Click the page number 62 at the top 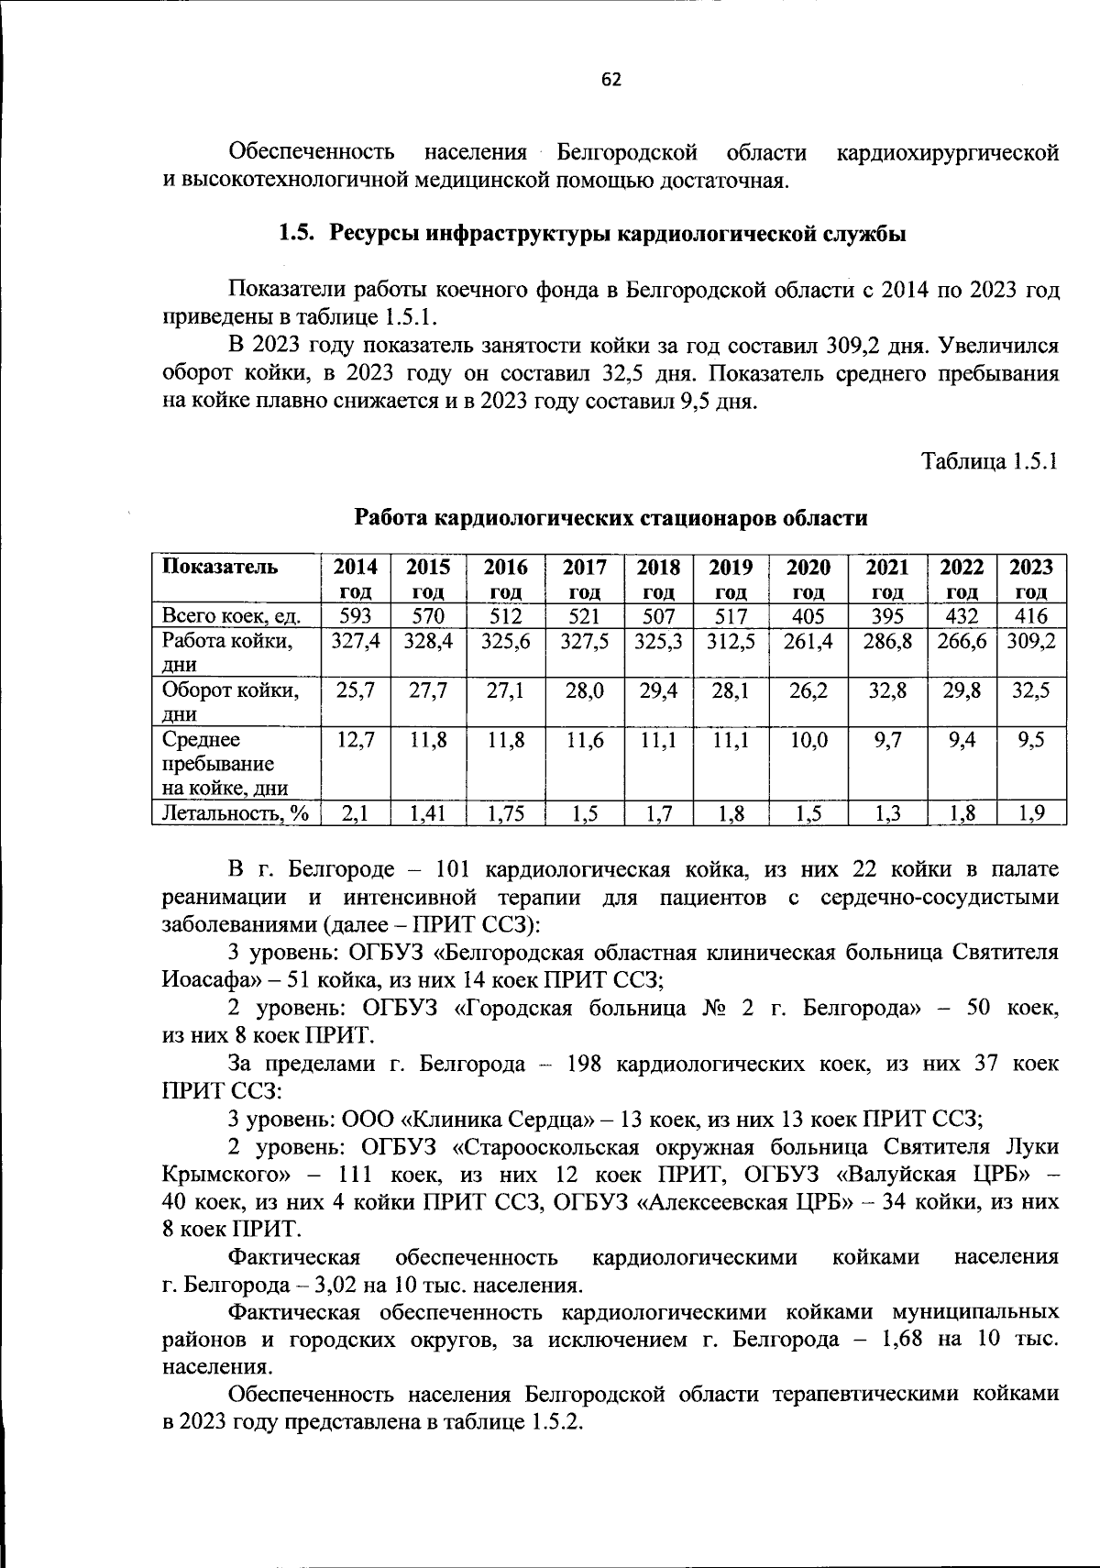611,80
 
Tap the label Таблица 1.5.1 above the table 990,460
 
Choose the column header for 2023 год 1031,579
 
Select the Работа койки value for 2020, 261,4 808,641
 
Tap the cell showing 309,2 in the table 1031,641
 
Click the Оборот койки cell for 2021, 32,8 887,690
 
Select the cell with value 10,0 808,739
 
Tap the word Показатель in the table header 219,566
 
